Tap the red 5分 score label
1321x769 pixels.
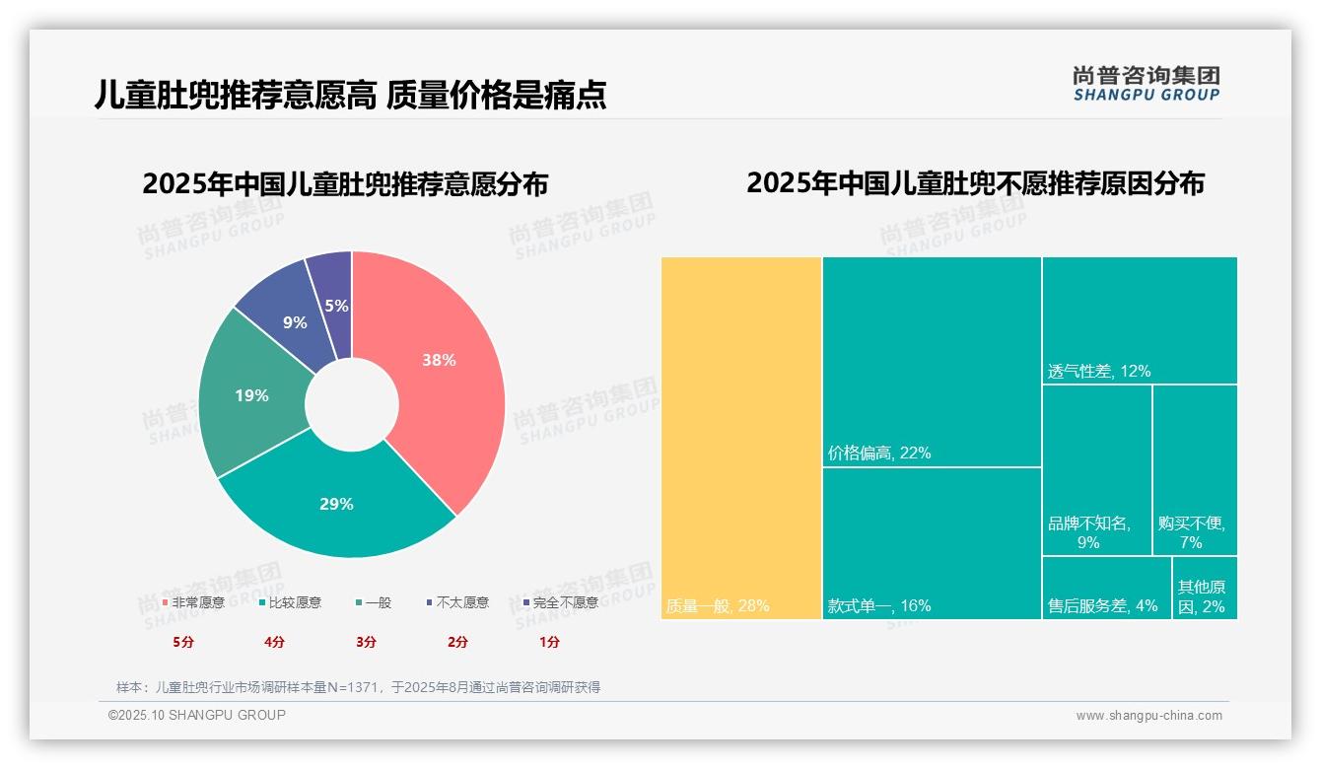click(183, 642)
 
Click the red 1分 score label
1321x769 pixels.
click(549, 642)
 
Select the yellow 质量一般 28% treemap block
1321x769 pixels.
click(741, 438)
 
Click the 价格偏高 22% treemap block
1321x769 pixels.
click(932, 361)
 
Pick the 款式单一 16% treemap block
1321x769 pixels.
click(932, 542)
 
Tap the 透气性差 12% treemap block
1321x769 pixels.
click(1140, 319)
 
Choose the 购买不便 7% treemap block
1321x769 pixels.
click(1195, 469)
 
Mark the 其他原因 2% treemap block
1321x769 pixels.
click(1205, 588)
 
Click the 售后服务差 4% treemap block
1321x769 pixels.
click(1106, 588)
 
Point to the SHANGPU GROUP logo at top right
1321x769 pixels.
click(1147, 84)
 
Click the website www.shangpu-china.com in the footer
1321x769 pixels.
click(1148, 716)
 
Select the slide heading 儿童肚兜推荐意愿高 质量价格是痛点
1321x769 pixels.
click(350, 95)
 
